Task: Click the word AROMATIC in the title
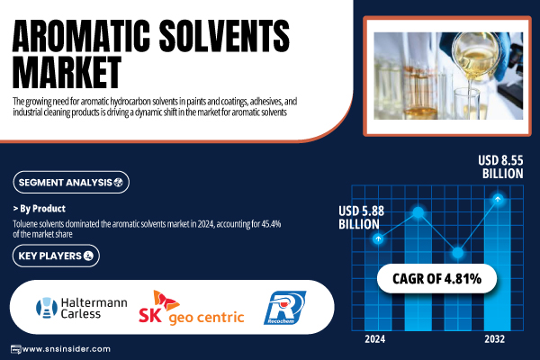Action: (x=81, y=35)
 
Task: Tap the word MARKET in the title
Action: (x=67, y=72)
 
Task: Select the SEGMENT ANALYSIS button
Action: (x=71, y=182)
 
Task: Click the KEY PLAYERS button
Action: (x=56, y=256)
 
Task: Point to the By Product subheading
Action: (x=40, y=209)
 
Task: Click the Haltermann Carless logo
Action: (x=82, y=308)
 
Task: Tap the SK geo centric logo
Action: (x=192, y=308)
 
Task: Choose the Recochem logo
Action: (x=284, y=308)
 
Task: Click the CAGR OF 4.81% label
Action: (x=436, y=279)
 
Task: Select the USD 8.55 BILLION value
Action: (x=500, y=166)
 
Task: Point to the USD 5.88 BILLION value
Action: (x=361, y=218)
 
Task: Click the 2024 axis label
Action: (x=375, y=339)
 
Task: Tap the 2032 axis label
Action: (x=494, y=339)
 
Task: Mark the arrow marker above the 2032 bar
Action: (x=498, y=199)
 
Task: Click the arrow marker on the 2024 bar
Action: (x=378, y=238)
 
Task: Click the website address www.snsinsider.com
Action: (x=66, y=349)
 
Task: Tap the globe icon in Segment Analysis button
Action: (x=119, y=183)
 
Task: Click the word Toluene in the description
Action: (x=23, y=224)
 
